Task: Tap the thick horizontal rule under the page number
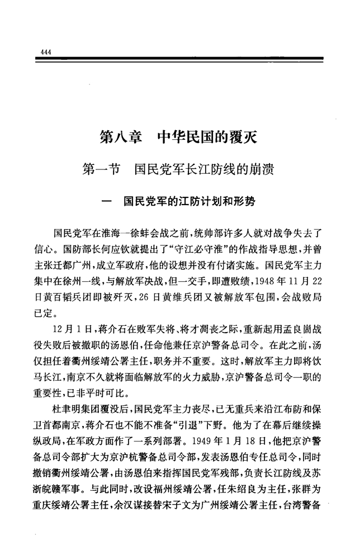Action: [x=179, y=59]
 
